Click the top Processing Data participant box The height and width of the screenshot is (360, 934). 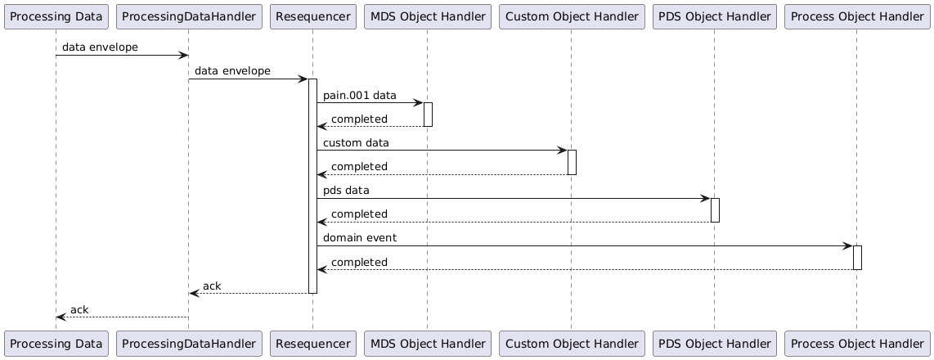click(x=56, y=16)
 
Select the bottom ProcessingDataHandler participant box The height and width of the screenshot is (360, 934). click(x=189, y=344)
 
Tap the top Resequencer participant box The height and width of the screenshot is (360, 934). click(x=312, y=16)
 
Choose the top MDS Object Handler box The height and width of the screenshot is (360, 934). click(x=427, y=16)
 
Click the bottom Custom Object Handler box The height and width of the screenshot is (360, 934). click(x=571, y=344)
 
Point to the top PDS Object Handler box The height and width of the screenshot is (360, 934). click(x=714, y=16)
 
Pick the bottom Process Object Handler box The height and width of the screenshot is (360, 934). click(x=856, y=344)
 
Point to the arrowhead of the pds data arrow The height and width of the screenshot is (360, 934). click(x=706, y=198)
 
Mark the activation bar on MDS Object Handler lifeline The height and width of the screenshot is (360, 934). click(x=427, y=115)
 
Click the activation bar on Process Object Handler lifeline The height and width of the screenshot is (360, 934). click(x=857, y=257)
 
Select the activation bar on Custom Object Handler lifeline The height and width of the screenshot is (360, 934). click(x=571, y=162)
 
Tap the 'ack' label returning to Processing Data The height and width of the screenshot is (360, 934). click(x=79, y=309)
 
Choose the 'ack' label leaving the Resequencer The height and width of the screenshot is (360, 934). click(x=212, y=286)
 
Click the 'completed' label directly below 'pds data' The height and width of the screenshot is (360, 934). click(x=359, y=214)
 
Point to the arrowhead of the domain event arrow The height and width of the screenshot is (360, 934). click(x=848, y=245)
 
